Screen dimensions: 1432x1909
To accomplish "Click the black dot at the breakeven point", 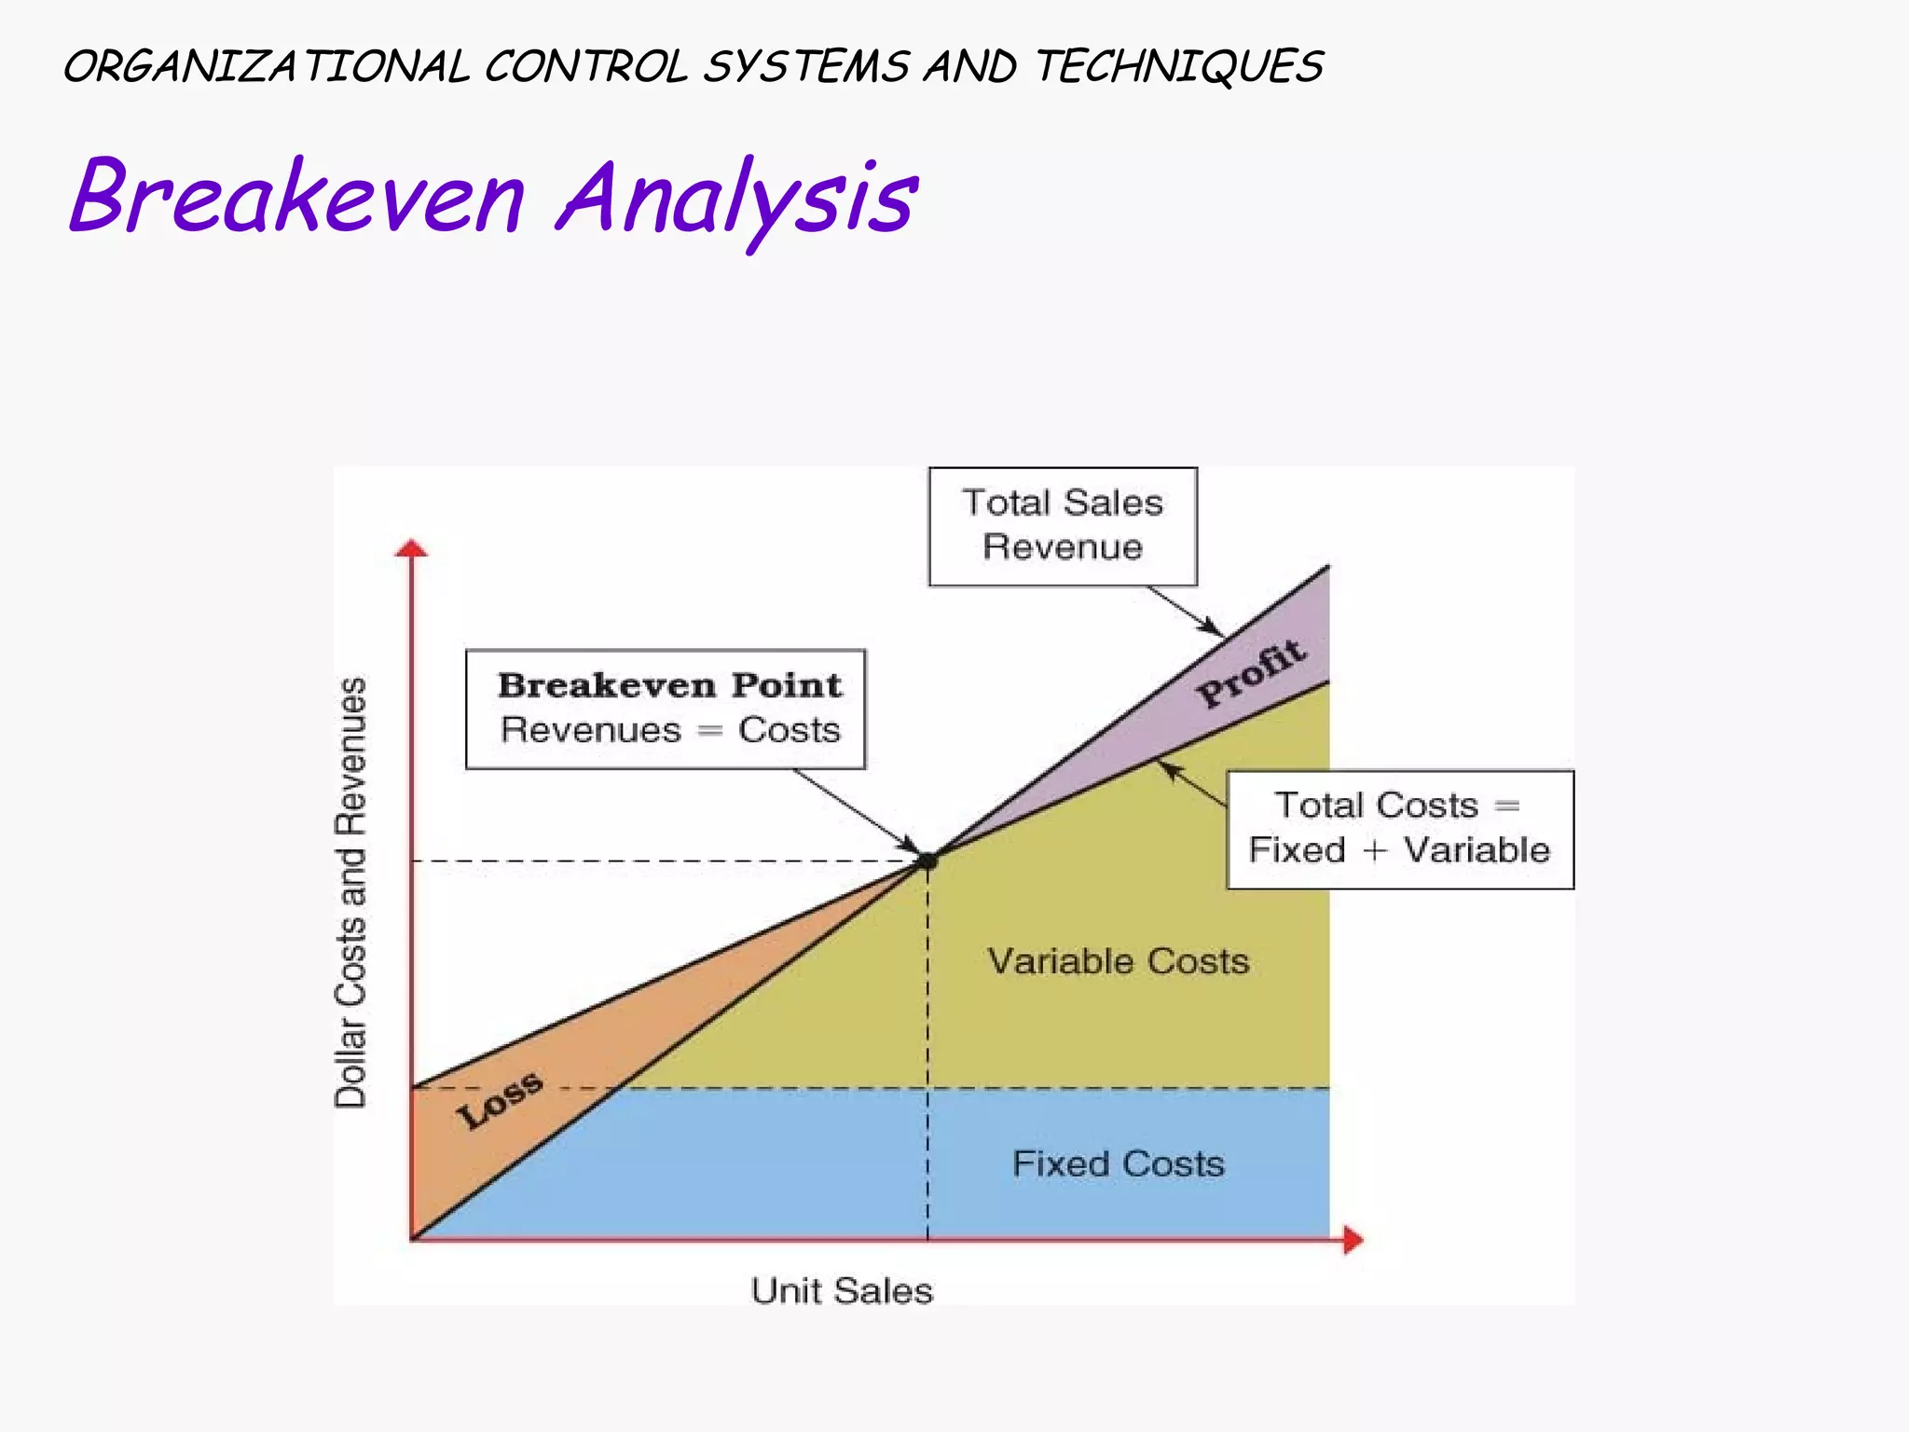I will [x=927, y=861].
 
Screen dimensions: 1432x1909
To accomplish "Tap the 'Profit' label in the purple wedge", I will [x=1251, y=673].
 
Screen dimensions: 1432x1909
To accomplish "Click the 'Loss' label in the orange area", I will [x=500, y=1100].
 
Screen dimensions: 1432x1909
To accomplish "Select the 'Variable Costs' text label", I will [x=1118, y=961].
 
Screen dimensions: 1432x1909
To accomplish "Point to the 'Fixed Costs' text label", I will [x=1118, y=1164].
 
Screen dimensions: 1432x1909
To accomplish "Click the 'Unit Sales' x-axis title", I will [x=842, y=1291].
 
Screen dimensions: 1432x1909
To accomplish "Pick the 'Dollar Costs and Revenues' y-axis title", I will [x=350, y=892].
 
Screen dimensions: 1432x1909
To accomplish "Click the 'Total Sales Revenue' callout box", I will [x=1063, y=527].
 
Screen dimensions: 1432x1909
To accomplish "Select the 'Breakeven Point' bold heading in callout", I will [x=669, y=685].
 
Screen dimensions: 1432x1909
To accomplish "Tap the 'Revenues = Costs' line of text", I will [x=669, y=730].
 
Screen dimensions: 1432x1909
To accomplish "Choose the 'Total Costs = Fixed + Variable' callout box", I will [x=1399, y=829].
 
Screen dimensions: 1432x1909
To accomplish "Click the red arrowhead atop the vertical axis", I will [x=411, y=548].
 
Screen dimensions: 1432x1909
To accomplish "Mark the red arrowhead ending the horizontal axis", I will [x=1353, y=1240].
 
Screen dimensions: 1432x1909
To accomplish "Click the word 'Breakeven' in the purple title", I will [x=298, y=198].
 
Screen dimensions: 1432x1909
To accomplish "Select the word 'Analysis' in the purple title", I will [x=736, y=200].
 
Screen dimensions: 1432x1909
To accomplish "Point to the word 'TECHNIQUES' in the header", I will [x=1179, y=67].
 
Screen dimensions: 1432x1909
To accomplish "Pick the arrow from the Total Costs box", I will [x=1193, y=784].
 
